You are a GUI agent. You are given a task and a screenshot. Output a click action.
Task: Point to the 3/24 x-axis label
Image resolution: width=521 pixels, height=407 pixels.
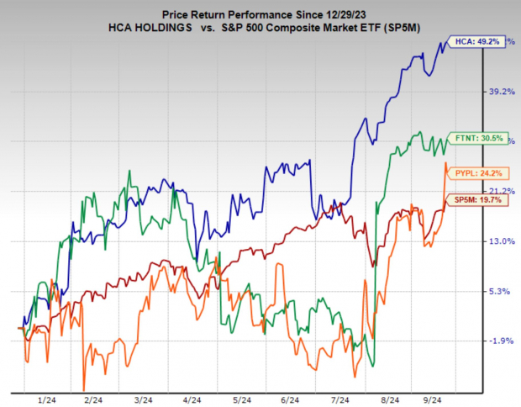pos(142,400)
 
